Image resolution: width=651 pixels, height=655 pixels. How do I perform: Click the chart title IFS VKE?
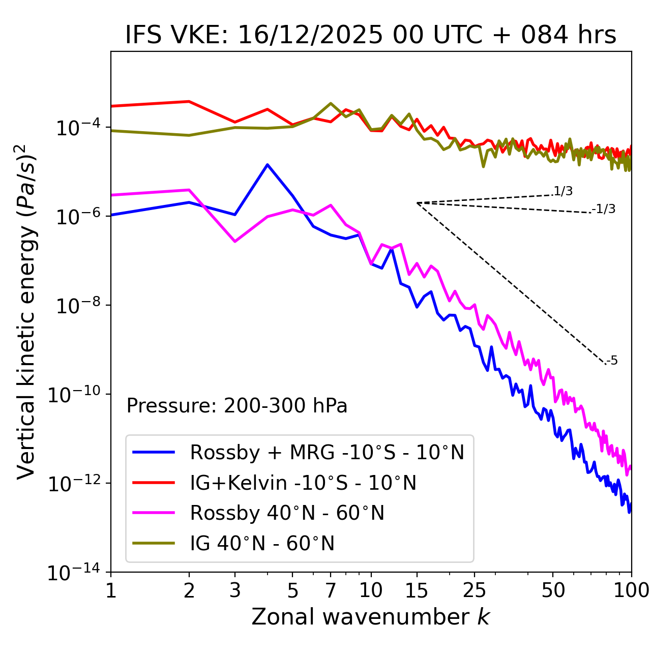coord(371,36)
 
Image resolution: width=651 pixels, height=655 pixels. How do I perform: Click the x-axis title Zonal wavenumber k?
coord(371,617)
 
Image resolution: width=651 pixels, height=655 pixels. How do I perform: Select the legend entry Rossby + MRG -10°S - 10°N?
coord(327,452)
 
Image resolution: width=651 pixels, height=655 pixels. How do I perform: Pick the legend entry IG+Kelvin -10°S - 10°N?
coord(303,483)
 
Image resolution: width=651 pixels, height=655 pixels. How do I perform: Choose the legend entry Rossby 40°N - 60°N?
coord(287,513)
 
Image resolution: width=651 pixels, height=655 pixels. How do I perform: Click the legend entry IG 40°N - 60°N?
coord(262,544)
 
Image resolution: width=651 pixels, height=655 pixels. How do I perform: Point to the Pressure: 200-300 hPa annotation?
coord(237,406)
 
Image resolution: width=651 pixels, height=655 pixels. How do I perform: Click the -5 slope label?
coord(612,361)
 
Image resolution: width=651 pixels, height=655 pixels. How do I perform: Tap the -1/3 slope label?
coord(604,209)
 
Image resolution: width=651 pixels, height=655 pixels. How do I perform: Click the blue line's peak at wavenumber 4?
coord(268,165)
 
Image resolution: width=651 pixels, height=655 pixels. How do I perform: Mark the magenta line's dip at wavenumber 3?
coord(235,241)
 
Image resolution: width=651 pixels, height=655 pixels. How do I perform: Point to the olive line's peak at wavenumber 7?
coord(331,103)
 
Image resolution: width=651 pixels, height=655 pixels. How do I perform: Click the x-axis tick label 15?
coord(417,590)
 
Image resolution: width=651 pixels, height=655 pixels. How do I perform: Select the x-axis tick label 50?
coord(553,590)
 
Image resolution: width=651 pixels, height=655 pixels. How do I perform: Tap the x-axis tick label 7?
coord(331,590)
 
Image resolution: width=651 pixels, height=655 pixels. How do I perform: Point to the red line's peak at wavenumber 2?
coord(189,102)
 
